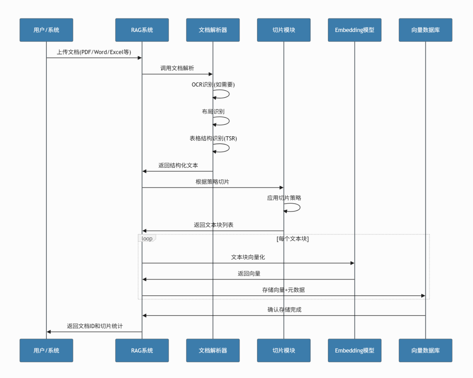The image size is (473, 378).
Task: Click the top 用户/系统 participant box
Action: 46,30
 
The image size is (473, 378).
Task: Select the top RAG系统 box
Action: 142,30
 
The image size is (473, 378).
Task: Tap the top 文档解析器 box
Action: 213,30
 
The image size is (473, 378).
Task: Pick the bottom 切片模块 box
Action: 284,350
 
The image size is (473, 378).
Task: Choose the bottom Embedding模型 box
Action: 355,350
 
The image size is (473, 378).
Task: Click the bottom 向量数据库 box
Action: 425,350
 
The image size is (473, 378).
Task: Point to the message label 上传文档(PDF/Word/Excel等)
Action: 94,52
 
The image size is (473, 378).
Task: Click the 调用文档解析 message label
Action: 177,68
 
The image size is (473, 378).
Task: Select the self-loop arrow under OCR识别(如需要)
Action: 222,94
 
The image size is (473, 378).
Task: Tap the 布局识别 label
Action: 213,112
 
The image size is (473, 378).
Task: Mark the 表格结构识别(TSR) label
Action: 213,138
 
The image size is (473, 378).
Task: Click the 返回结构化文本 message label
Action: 178,166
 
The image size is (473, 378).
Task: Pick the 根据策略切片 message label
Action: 212,182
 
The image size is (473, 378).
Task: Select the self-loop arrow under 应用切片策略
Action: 293,208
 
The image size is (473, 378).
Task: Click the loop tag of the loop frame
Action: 147,238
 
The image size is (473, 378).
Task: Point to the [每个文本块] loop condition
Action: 293,239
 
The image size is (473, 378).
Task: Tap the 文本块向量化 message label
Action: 248,258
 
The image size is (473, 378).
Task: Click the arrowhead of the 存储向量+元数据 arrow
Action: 423,296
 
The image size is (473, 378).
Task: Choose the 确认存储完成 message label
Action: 284,310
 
